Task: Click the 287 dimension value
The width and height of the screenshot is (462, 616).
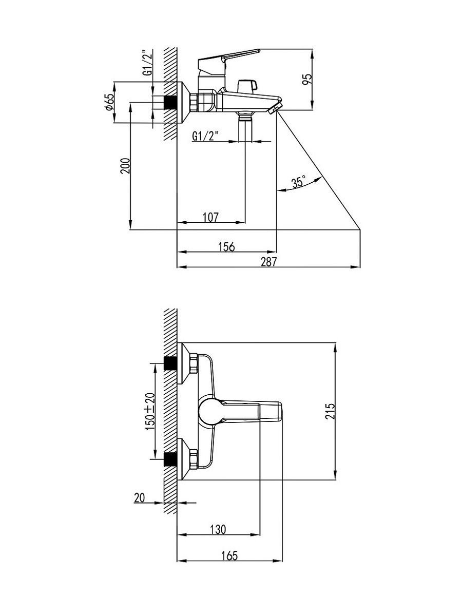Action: click(x=268, y=262)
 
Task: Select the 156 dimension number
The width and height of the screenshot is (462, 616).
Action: click(x=227, y=247)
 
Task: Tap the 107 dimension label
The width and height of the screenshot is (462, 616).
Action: click(x=210, y=217)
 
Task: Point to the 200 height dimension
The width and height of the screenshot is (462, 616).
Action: click(x=125, y=166)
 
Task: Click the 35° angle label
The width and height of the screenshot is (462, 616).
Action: click(x=298, y=182)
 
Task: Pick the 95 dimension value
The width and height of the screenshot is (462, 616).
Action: click(x=307, y=80)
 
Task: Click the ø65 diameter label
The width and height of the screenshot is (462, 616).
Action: click(x=109, y=101)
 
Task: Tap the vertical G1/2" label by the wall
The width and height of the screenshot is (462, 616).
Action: click(x=147, y=63)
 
